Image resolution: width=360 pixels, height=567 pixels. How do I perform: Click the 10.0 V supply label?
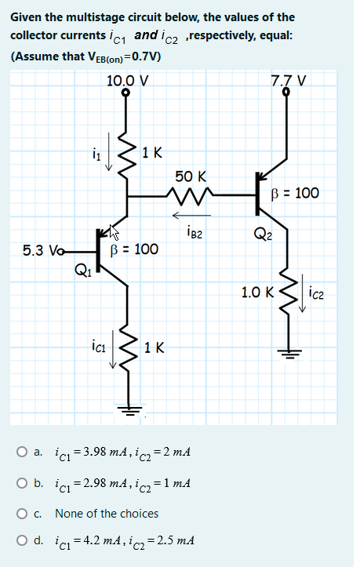(x=128, y=79)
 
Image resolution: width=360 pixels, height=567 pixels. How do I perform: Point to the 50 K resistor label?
(x=191, y=176)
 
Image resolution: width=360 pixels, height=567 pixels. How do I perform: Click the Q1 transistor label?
(x=82, y=272)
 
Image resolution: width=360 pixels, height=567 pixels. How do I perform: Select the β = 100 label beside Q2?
(x=294, y=192)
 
